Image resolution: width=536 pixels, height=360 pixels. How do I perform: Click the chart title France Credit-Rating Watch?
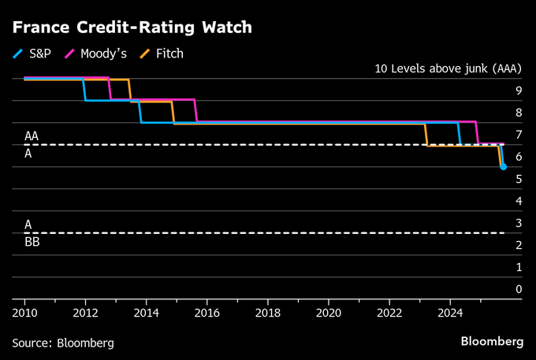pos(132,28)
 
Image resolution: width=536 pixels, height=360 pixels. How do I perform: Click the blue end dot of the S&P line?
pos(503,167)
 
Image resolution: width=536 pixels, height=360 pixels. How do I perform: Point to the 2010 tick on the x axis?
pos(24,313)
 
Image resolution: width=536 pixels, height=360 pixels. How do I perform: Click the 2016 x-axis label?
pos(207,313)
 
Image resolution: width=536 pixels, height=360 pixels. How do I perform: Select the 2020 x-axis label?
pos(328,313)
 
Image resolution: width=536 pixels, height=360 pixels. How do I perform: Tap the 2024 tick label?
pos(449,313)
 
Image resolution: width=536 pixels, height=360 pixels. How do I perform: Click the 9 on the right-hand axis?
pos(519,91)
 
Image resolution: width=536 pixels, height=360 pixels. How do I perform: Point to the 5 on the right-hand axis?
pos(519,179)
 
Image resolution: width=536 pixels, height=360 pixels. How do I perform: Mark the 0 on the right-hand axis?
pos(519,289)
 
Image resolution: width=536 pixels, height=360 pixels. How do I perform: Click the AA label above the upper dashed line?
pos(32,136)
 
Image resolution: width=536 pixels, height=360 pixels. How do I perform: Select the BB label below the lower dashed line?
pos(32,243)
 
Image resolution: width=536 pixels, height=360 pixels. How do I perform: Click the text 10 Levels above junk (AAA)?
pos(449,69)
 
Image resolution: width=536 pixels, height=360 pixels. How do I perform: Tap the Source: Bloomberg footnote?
pos(63,343)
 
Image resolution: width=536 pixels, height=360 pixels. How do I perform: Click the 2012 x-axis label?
pos(85,313)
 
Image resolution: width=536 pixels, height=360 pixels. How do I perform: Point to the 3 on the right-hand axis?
pos(519,224)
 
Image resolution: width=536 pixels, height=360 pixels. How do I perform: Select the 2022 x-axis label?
pos(389,313)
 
